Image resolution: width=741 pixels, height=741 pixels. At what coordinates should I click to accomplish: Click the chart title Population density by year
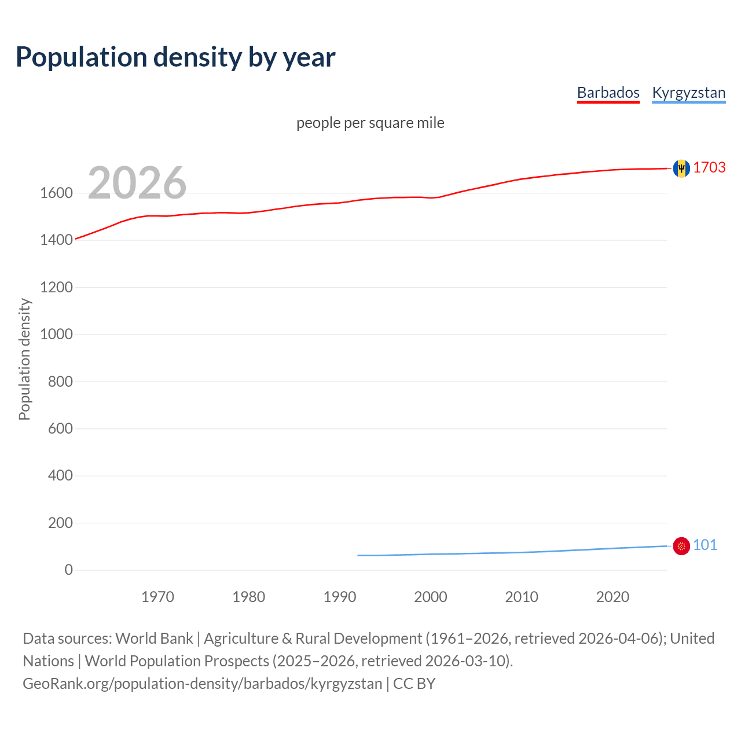pyautogui.click(x=175, y=57)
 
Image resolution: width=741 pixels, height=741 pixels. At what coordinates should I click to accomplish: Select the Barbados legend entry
pyautogui.click(x=608, y=93)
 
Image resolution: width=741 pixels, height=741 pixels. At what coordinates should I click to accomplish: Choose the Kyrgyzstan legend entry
pyautogui.click(x=688, y=93)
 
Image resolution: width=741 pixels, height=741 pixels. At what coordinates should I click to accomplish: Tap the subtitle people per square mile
pyautogui.click(x=370, y=123)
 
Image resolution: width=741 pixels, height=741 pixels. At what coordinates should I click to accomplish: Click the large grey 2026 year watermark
pyautogui.click(x=137, y=183)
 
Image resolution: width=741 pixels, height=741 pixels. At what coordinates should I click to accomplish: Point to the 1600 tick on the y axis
pyautogui.click(x=56, y=193)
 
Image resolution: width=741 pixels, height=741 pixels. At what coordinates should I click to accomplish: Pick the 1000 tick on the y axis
pyautogui.click(x=56, y=334)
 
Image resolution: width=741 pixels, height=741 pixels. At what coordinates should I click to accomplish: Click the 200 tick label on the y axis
pyautogui.click(x=60, y=523)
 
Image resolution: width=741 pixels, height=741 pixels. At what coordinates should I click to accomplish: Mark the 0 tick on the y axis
pyautogui.click(x=69, y=570)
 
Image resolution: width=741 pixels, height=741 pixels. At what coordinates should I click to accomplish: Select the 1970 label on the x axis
pyautogui.click(x=157, y=597)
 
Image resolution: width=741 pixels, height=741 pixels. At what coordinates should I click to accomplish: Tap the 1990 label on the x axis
pyautogui.click(x=340, y=597)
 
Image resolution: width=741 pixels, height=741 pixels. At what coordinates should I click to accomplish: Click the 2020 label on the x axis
pyautogui.click(x=612, y=597)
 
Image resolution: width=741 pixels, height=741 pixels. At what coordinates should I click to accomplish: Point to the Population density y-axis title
pyautogui.click(x=24, y=359)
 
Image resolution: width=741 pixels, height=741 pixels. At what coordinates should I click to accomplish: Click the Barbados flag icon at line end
pyautogui.click(x=681, y=168)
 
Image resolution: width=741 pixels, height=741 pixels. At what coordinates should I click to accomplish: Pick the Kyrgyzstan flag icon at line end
pyautogui.click(x=681, y=546)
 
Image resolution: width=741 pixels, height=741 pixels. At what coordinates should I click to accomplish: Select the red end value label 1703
pyautogui.click(x=709, y=167)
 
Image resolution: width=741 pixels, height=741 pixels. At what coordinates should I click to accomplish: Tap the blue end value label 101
pyautogui.click(x=705, y=545)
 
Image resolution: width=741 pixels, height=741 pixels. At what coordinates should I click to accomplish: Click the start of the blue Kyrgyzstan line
pyautogui.click(x=358, y=555)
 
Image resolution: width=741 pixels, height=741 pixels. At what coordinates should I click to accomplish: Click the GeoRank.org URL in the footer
pyautogui.click(x=203, y=684)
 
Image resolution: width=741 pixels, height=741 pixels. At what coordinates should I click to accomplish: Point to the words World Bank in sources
pyautogui.click(x=154, y=639)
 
